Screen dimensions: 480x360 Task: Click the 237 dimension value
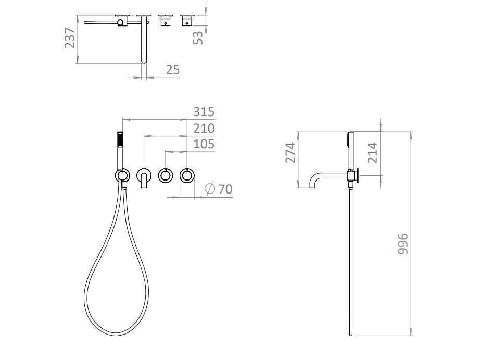(x=70, y=37)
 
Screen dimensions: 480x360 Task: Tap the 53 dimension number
(x=198, y=38)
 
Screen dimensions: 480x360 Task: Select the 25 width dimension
(x=173, y=70)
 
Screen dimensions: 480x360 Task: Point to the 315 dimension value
(x=204, y=112)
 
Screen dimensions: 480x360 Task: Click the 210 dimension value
(x=204, y=128)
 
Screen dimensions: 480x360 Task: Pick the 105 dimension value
(x=204, y=144)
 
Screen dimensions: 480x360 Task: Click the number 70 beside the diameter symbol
(x=225, y=189)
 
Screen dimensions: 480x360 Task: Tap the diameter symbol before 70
(x=210, y=188)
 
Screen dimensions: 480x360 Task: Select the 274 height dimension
(x=290, y=152)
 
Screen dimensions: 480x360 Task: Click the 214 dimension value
(x=372, y=152)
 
